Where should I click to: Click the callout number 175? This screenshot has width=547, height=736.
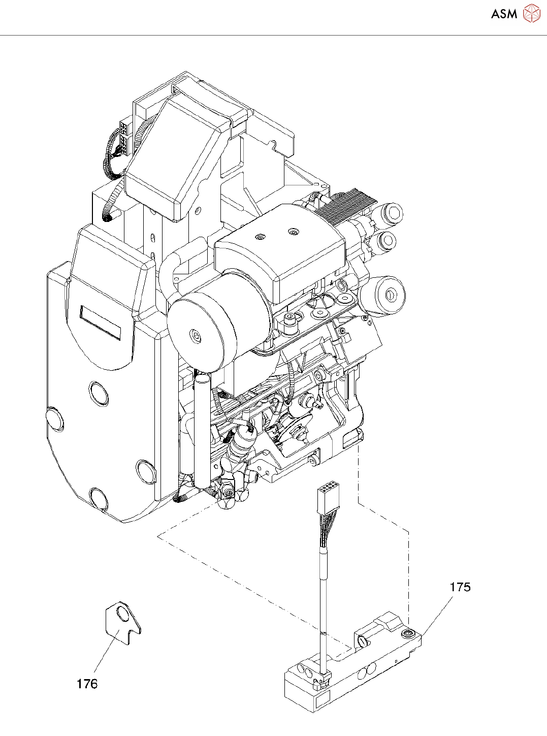click(460, 587)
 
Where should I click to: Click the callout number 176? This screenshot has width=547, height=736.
click(87, 684)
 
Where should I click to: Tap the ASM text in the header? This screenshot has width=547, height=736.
click(504, 14)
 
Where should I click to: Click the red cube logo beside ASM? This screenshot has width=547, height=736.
click(532, 13)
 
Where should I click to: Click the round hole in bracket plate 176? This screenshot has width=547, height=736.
click(123, 615)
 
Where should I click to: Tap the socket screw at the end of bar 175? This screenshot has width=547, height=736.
click(408, 633)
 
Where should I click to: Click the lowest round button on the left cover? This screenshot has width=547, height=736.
click(99, 498)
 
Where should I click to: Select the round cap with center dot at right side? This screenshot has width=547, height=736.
click(390, 294)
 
